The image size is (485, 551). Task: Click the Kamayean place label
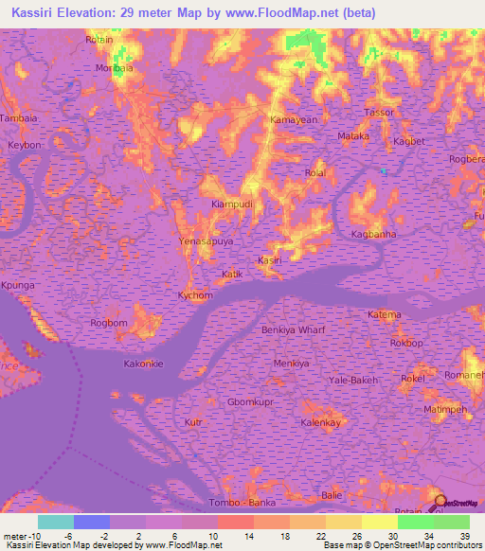[x=294, y=120]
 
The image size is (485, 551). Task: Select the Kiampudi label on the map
[x=230, y=204]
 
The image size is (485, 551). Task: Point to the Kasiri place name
[x=270, y=259]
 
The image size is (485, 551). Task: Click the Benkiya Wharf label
[x=293, y=329]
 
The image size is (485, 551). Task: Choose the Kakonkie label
[x=144, y=364]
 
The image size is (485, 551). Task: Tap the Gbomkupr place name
[x=251, y=401]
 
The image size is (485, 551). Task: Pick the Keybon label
[x=25, y=145]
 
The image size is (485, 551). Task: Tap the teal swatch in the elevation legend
[x=55, y=522]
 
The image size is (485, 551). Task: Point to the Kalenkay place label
[x=320, y=422]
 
